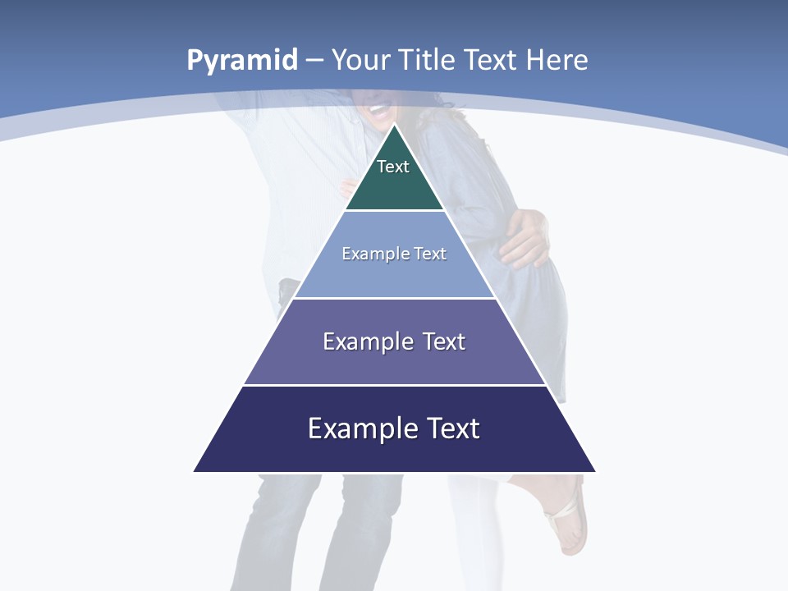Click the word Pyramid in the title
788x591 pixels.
tap(241, 60)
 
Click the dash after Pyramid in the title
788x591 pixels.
tap(314, 61)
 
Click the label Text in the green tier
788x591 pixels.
tap(393, 167)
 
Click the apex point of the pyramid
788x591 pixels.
tap(394, 125)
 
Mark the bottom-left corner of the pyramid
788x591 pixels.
tap(195, 471)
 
